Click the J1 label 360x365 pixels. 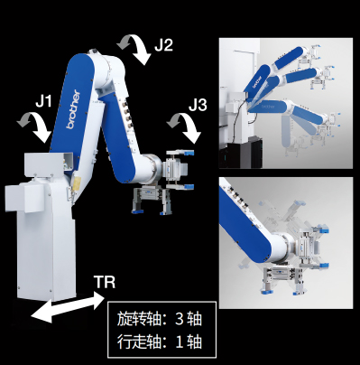click(x=43, y=101)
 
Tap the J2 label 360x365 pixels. click(x=164, y=45)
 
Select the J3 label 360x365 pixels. click(x=198, y=105)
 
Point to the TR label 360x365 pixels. click(x=105, y=282)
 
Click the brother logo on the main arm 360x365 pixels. click(x=73, y=109)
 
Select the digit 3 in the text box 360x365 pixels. click(x=179, y=319)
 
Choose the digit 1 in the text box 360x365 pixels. click(x=180, y=342)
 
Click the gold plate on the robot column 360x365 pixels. click(x=76, y=183)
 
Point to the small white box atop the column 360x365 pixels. click(x=48, y=164)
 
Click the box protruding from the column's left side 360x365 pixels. click(x=24, y=198)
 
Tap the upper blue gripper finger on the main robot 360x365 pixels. click(x=188, y=153)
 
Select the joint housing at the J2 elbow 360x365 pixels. click(x=108, y=72)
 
